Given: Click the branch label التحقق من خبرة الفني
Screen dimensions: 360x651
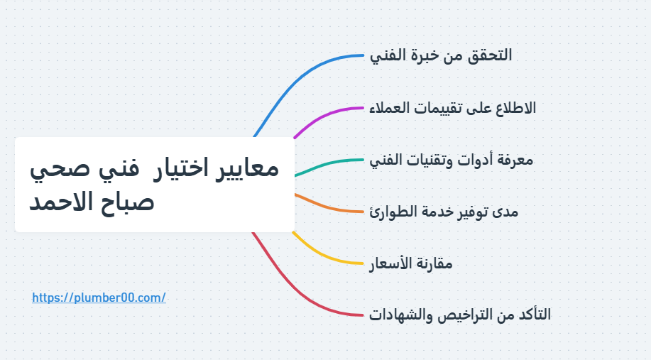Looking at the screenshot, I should pos(441,55).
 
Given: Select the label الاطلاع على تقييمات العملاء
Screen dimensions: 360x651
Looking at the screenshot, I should pos(453,108).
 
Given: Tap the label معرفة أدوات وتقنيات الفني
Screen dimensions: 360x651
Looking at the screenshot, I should pos(452,160).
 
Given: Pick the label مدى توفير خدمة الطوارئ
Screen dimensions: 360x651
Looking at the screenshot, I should pos(444,212).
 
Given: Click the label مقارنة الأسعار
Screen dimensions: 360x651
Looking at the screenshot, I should pos(411,263).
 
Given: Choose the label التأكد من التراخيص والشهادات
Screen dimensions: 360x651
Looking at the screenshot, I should pos(460,315).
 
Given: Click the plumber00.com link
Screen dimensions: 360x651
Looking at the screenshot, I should pos(99,298).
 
